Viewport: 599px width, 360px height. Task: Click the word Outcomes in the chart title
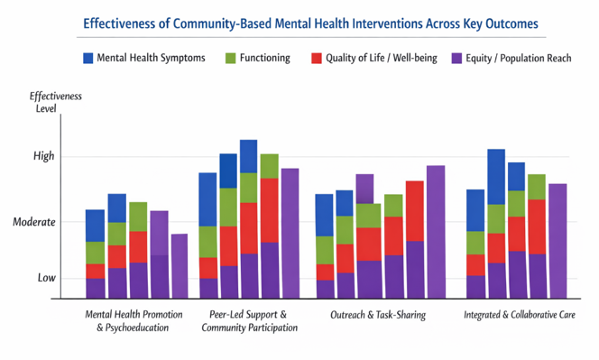[x=511, y=23]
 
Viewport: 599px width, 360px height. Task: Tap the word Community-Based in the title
[x=222, y=23]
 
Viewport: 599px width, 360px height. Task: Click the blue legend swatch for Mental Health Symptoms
[x=88, y=58]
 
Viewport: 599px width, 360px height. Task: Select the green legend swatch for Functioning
[x=230, y=58]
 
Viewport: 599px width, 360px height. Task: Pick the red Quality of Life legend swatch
[x=317, y=58]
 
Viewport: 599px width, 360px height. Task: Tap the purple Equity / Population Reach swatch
[x=456, y=58]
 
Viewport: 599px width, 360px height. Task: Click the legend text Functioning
[x=265, y=58]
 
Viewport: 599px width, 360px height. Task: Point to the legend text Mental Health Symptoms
[x=151, y=58]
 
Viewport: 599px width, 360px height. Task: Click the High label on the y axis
[x=44, y=156]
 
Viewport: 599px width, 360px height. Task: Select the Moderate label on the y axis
[x=34, y=222]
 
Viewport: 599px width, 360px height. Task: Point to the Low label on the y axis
[x=47, y=278]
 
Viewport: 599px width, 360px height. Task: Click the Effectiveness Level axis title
[x=55, y=102]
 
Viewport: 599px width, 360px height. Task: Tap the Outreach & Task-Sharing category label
[x=378, y=315]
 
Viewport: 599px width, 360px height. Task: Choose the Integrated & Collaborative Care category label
[x=520, y=315]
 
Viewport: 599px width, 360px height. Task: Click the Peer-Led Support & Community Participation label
[x=250, y=321]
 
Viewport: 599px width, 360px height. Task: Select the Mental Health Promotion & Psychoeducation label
[x=134, y=321]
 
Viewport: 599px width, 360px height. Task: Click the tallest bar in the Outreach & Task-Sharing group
[x=436, y=232]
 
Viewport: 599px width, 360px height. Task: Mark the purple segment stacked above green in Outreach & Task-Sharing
[x=364, y=189]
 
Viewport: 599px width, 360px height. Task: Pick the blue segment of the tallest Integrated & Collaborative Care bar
[x=496, y=177]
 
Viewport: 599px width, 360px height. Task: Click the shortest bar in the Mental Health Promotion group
[x=180, y=266]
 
